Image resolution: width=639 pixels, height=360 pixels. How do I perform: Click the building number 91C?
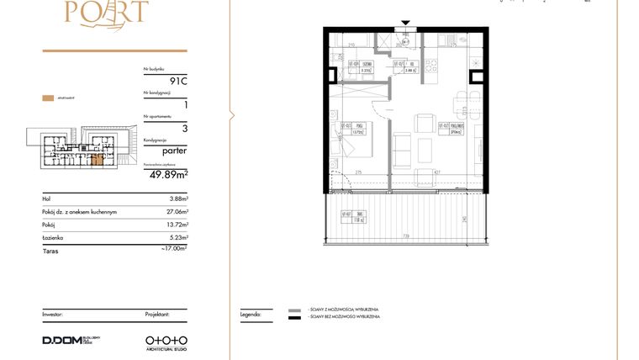[x=177, y=82]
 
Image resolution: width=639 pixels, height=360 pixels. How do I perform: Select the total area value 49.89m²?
[x=168, y=175]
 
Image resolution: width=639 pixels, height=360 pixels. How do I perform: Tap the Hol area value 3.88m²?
[x=178, y=199]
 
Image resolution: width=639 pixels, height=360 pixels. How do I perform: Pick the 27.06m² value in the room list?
[x=177, y=212]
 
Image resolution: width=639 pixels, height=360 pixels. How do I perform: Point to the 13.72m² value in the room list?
[x=177, y=225]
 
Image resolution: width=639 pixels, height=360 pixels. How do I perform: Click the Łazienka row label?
[x=55, y=239]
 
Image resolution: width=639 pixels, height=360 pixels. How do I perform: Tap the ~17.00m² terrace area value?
[x=174, y=249]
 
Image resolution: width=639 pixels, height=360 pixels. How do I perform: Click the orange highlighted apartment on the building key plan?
[x=98, y=160]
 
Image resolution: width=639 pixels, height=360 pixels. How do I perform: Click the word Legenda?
[x=251, y=313]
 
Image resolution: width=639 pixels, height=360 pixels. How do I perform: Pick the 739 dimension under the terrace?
[x=405, y=236]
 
